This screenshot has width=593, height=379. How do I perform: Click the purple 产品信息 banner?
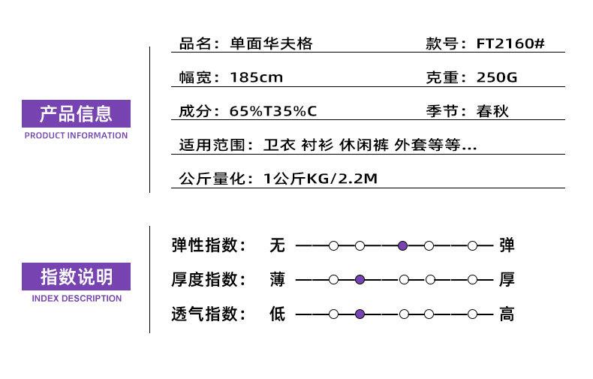[76, 113]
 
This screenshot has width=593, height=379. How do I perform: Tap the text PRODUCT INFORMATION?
[76, 135]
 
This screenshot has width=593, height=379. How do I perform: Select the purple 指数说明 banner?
[76, 276]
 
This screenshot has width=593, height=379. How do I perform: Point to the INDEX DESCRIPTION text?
[77, 299]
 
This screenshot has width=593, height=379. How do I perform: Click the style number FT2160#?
[510, 44]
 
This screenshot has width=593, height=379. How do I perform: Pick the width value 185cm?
[256, 77]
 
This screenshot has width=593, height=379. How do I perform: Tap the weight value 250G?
[497, 77]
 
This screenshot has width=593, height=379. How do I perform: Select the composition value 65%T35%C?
[272, 111]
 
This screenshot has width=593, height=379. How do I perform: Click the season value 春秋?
[492, 111]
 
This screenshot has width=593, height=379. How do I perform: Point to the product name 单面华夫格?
[271, 44]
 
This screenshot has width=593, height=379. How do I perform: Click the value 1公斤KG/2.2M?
[321, 179]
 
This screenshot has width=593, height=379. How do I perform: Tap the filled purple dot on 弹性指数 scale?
[402, 246]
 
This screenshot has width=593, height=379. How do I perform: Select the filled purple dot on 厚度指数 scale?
[360, 280]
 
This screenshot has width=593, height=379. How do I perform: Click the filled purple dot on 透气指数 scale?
[360, 314]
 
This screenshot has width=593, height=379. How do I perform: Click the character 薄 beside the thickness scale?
[277, 280]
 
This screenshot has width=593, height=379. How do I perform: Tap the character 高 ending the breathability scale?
[507, 314]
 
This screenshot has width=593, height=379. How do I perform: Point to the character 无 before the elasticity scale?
[277, 245]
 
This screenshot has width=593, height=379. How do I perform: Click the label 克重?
[442, 77]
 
